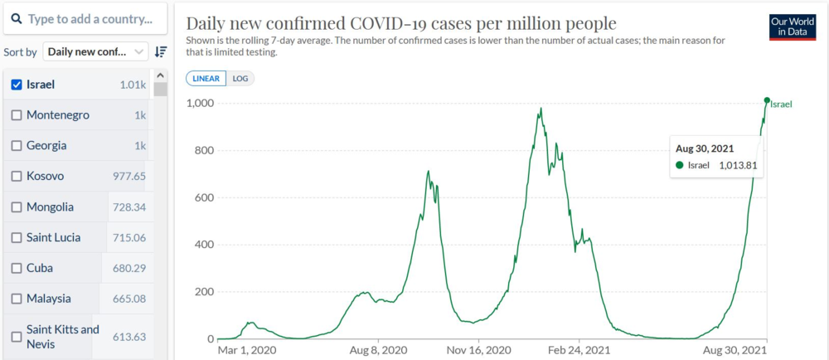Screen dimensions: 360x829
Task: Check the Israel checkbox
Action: coord(17,85)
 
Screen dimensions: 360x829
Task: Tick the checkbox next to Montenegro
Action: coord(17,115)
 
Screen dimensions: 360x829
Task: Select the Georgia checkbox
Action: coord(17,146)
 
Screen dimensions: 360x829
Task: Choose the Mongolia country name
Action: coord(50,207)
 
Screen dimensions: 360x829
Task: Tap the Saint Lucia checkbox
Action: coord(17,238)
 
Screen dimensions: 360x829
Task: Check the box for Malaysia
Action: coord(17,299)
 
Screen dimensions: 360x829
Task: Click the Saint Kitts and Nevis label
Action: coord(62,337)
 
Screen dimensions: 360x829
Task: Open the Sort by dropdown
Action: coord(95,51)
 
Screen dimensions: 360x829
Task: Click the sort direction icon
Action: coord(161,51)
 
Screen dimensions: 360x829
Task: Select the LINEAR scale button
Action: coord(206,79)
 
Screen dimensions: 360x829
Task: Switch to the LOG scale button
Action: coord(240,79)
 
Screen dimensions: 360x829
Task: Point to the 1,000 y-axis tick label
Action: coord(199,103)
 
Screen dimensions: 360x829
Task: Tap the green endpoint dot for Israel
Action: coord(767,100)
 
